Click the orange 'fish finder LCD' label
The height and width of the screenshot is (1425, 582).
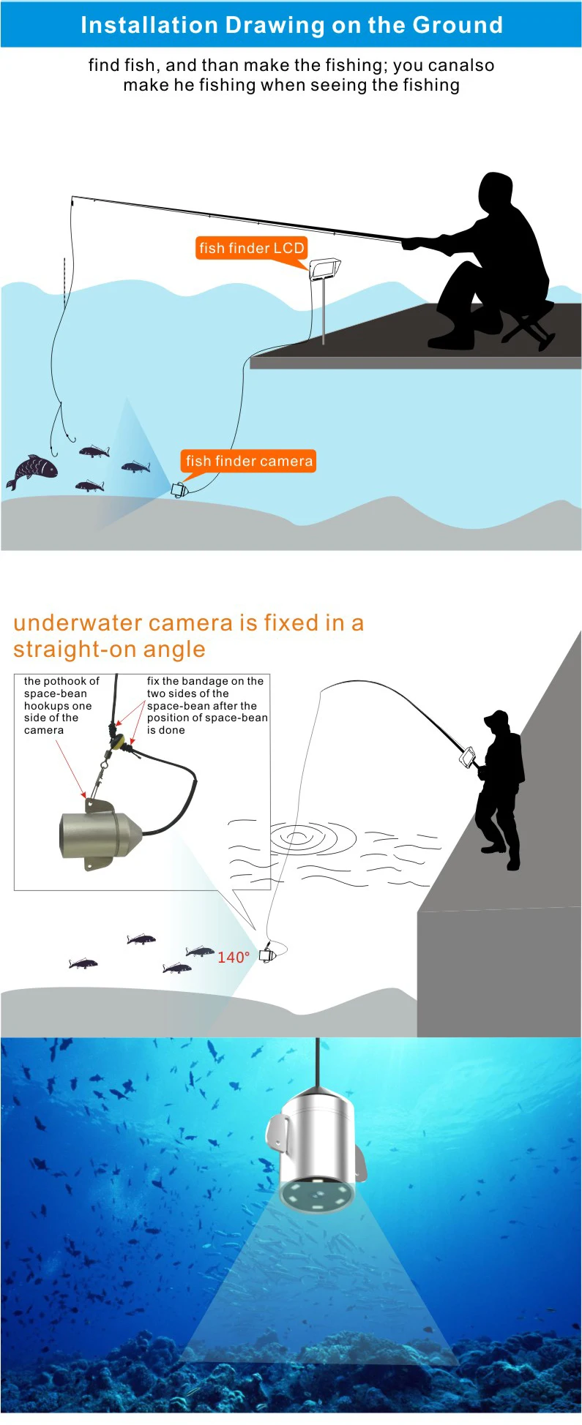251,248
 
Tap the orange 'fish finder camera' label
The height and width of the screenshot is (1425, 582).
249,461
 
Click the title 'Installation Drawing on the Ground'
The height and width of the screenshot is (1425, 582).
291,25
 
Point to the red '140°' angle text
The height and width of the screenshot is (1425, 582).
234,957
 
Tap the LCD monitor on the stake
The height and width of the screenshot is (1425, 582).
324,268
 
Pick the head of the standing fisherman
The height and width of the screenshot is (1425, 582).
497,724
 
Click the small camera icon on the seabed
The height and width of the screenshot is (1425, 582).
179,489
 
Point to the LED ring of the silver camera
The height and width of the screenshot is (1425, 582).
317,1195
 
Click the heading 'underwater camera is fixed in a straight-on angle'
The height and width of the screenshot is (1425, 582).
188,636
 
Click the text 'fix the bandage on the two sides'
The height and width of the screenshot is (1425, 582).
205,687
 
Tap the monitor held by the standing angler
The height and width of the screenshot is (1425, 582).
467,756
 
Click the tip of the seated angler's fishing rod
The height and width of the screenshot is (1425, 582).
72,196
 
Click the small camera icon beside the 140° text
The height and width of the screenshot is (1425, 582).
267,954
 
